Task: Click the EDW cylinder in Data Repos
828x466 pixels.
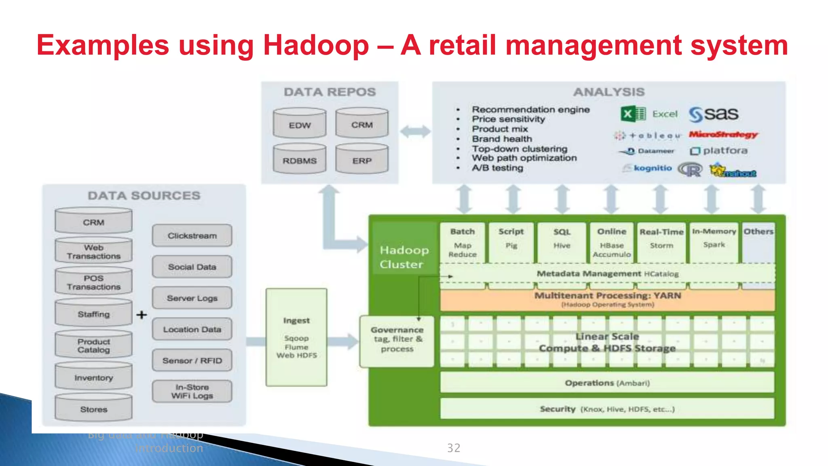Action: [300, 123]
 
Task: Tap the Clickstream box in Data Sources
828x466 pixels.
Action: [192, 236]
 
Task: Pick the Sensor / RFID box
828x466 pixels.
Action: [192, 360]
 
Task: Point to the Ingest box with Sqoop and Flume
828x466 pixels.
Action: [296, 337]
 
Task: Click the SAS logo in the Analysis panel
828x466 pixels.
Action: [714, 114]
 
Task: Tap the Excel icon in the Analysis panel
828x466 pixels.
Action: [633, 114]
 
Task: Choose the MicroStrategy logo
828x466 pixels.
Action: [723, 134]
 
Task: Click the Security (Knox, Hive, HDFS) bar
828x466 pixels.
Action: [607, 409]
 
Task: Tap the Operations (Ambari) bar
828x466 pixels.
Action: [607, 383]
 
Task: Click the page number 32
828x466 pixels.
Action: [454, 448]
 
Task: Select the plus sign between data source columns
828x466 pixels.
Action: [142, 315]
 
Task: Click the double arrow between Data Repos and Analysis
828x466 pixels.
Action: [415, 131]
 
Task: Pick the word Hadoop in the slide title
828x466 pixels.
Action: [316, 45]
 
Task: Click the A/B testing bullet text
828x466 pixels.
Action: [497, 168]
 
